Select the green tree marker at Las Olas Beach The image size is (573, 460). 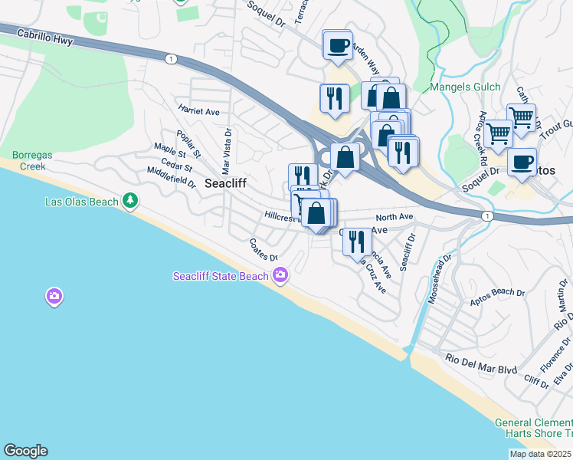click(x=131, y=201)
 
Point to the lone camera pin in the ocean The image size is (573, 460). click(x=54, y=295)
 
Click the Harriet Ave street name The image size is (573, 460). click(x=198, y=111)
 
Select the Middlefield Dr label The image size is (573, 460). click(x=172, y=177)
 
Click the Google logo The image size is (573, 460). click(x=25, y=451)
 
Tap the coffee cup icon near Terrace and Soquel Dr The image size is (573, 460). click(x=336, y=46)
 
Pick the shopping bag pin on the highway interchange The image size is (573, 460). click(x=345, y=157)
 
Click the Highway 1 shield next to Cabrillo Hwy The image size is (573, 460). click(x=170, y=58)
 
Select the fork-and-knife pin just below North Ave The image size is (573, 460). click(x=356, y=242)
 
